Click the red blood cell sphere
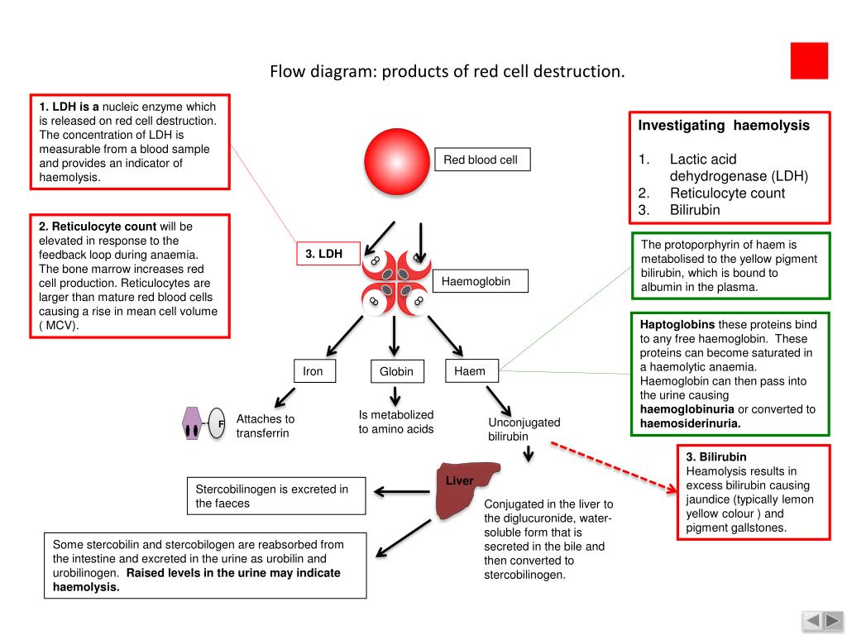pyautogui.click(x=397, y=161)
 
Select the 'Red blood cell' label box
pyautogui.click(x=482, y=160)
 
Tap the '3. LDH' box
pyautogui.click(x=328, y=253)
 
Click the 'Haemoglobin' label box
pyautogui.click(x=481, y=281)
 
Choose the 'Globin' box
pyautogui.click(x=397, y=371)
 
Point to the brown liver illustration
pyautogui.click(x=467, y=489)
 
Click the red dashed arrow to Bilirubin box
pyautogui.click(x=614, y=467)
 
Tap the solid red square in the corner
pyautogui.click(x=809, y=61)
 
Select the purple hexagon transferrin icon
pyautogui.click(x=192, y=423)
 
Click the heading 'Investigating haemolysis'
pyautogui.click(x=724, y=126)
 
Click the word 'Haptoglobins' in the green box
pyautogui.click(x=677, y=324)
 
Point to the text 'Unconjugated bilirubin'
pyautogui.click(x=524, y=429)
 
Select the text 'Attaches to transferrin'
pyautogui.click(x=266, y=426)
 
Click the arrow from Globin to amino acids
pyautogui.click(x=395, y=396)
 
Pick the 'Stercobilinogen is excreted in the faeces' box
pyautogui.click(x=276, y=496)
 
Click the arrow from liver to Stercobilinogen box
pyautogui.click(x=402, y=491)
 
